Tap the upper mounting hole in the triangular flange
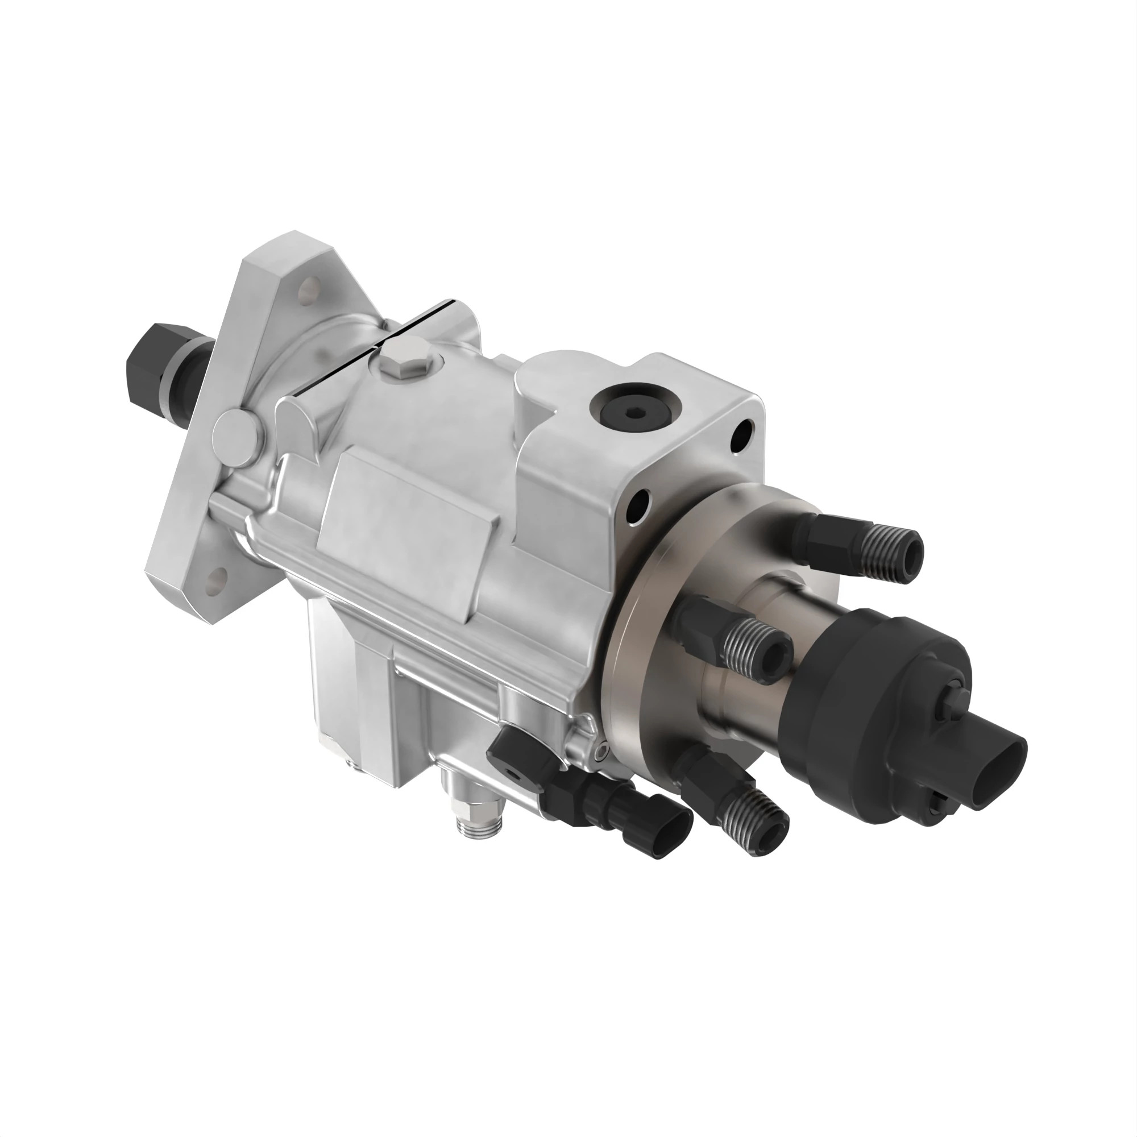point(304,289)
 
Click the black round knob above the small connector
point(509,759)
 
